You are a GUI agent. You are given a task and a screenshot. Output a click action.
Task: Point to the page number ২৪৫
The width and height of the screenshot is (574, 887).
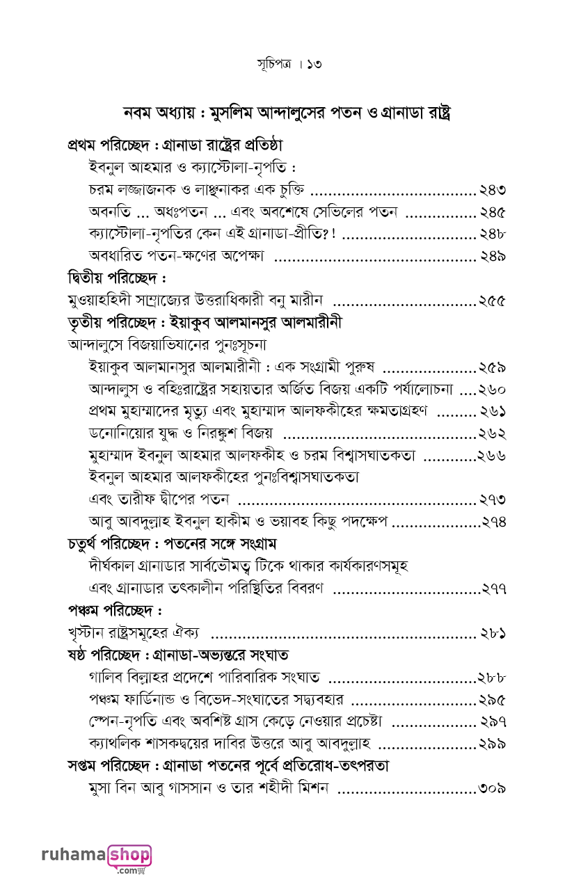[491, 213]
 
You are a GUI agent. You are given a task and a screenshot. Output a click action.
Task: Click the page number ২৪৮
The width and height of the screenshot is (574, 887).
[491, 234]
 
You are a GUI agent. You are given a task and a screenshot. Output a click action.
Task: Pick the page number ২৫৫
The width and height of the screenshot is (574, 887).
[491, 301]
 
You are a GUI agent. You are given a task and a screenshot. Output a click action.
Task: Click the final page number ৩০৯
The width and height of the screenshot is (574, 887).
[491, 789]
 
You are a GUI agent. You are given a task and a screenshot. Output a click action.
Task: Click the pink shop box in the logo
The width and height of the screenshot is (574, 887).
[129, 854]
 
